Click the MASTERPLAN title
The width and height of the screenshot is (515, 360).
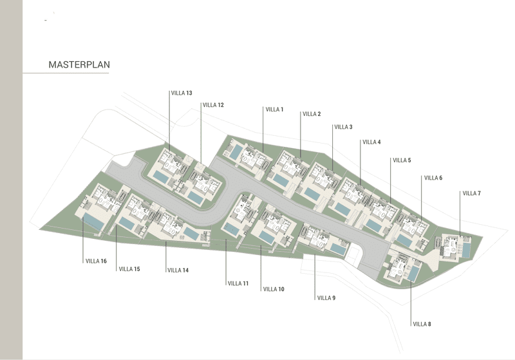(x=79, y=64)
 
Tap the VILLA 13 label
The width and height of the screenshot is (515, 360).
(x=182, y=93)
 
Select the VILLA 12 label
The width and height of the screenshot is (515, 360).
(x=213, y=105)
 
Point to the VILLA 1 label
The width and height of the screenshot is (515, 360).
(x=274, y=109)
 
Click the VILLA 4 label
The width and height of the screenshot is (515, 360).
(x=372, y=142)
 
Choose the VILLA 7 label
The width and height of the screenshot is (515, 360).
(x=472, y=193)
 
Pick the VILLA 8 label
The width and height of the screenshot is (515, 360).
(x=422, y=324)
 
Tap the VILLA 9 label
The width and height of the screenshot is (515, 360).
(x=326, y=298)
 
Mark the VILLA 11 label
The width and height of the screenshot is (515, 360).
(x=238, y=283)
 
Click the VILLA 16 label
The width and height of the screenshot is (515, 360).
(x=96, y=261)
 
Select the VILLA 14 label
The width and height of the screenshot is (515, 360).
(x=178, y=270)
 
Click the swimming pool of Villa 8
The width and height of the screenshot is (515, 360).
(x=413, y=273)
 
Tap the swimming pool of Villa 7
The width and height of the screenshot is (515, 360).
(x=466, y=250)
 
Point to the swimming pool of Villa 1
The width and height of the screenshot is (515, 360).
(x=236, y=153)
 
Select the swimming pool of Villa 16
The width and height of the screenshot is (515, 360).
(x=93, y=221)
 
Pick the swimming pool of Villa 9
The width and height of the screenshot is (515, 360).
(x=338, y=249)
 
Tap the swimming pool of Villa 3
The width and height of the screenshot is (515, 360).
(x=312, y=194)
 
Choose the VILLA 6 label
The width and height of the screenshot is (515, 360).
(x=433, y=178)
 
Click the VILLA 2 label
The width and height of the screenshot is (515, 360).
(x=312, y=114)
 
